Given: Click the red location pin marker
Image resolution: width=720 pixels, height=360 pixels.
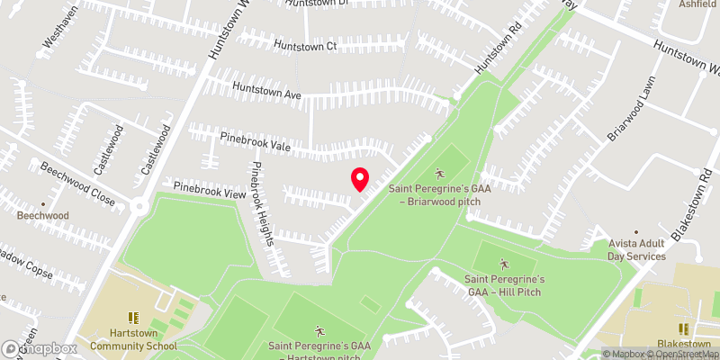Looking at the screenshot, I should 359,179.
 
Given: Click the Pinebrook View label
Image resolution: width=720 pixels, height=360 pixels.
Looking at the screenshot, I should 210,192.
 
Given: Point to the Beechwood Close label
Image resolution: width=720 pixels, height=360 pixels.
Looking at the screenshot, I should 79,184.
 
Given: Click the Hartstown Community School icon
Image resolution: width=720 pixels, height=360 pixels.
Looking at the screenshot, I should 132,318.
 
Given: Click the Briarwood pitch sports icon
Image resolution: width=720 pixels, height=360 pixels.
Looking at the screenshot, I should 440,173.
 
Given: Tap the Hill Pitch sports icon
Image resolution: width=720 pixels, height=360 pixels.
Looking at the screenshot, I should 504,263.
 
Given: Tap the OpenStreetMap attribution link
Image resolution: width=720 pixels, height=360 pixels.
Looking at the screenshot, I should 679,354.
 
